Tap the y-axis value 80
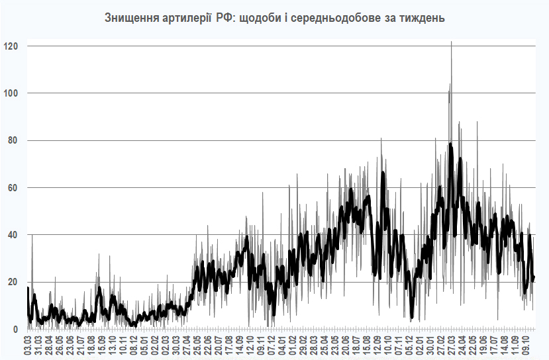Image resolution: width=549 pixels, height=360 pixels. [13, 140]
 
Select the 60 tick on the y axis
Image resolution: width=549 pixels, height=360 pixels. [13, 188]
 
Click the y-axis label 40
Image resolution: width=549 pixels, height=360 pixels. [13, 235]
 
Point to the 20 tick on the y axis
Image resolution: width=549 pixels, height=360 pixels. [13, 282]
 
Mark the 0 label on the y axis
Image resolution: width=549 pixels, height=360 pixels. [15, 329]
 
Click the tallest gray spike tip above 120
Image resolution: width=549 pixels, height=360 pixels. [451, 42]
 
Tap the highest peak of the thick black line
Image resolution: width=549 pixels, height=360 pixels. [450, 144]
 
